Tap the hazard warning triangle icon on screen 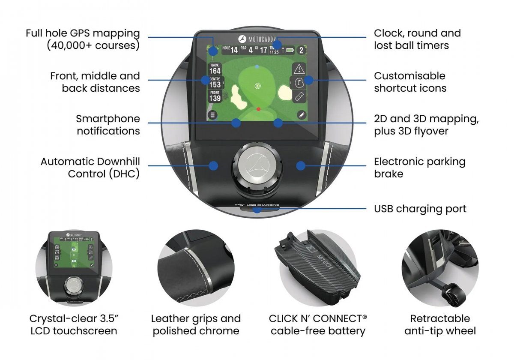(x=299, y=69)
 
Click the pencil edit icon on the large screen (x=301, y=115)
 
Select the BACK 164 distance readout (x=215, y=69)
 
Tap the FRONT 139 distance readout (x=215, y=96)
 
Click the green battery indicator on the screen (x=291, y=50)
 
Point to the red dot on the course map (x=258, y=109)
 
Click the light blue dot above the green (x=257, y=67)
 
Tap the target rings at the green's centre (x=257, y=86)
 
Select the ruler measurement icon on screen (x=299, y=96)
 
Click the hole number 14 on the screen (x=234, y=50)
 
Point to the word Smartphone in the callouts (x=108, y=119)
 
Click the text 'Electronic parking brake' (x=419, y=168)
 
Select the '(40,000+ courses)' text (x=93, y=45)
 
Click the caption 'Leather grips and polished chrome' (x=196, y=324)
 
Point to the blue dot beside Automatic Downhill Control (x=214, y=165)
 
